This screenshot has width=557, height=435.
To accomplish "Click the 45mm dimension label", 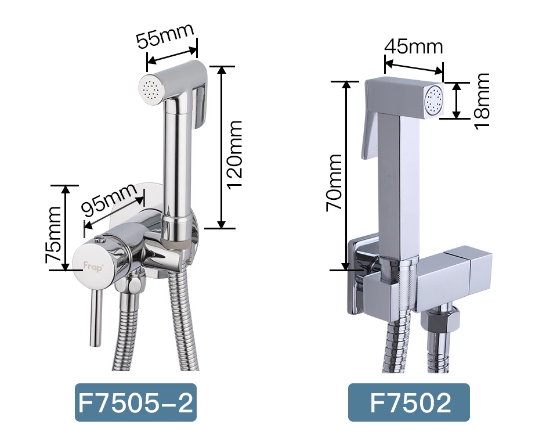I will pyautogui.click(x=413, y=46).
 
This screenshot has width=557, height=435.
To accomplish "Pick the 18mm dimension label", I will pyautogui.click(x=482, y=101).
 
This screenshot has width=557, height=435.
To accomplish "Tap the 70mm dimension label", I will pyautogui.click(x=334, y=183).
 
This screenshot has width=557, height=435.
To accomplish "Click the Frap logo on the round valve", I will pyautogui.click(x=93, y=267).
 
